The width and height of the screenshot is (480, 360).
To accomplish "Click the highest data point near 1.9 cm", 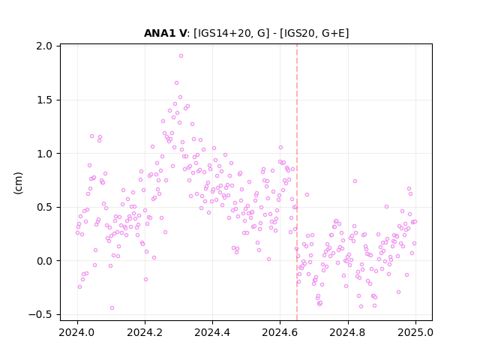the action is [181, 56].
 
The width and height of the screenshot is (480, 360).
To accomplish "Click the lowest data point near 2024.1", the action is [112, 308].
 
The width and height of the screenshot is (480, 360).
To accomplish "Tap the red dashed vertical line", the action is [297, 182].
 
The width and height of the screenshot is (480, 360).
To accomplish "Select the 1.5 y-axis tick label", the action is [44, 100].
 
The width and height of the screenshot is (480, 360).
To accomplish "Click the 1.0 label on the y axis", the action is [44, 154].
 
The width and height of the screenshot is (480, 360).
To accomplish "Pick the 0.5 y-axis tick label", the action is [44, 207].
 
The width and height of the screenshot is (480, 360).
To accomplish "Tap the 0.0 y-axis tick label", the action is [44, 261].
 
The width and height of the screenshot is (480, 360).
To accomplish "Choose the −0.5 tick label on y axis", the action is [40, 315].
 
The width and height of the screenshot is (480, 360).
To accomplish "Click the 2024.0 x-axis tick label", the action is [77, 332].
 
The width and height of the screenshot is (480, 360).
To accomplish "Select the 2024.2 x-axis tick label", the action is [145, 332].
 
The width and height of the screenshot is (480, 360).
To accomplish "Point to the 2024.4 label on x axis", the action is [212, 332].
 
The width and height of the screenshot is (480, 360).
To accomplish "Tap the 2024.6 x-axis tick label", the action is [280, 332].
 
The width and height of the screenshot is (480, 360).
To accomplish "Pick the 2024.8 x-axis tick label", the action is [348, 332].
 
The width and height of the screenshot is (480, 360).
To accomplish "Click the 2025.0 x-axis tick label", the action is [415, 332].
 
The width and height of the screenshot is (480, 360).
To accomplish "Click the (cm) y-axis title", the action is [18, 183].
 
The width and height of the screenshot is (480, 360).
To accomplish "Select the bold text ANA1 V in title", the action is [165, 33].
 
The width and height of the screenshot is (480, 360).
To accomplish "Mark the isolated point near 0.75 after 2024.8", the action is [355, 181].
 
